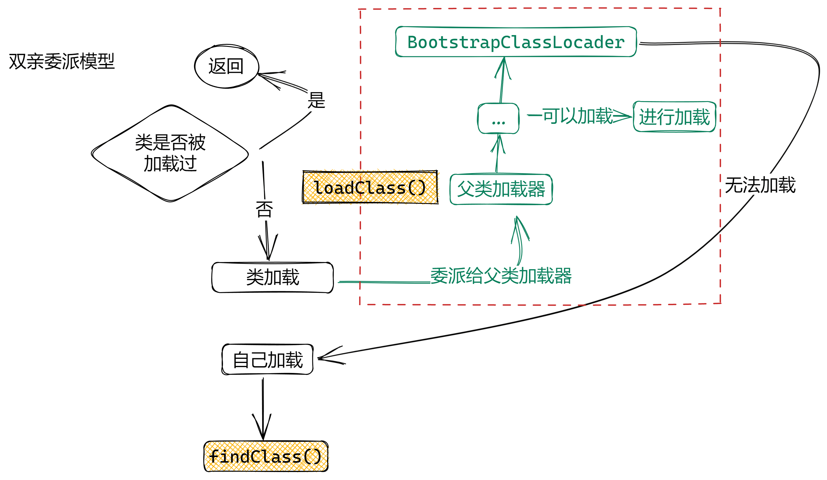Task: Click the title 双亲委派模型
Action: coord(62,61)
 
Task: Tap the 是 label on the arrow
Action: coord(316,101)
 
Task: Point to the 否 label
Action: coord(264,209)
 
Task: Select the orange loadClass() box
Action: coord(370,187)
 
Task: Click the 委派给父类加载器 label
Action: coord(501,276)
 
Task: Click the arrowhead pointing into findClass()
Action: coord(263,438)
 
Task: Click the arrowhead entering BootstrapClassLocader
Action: coord(504,58)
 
